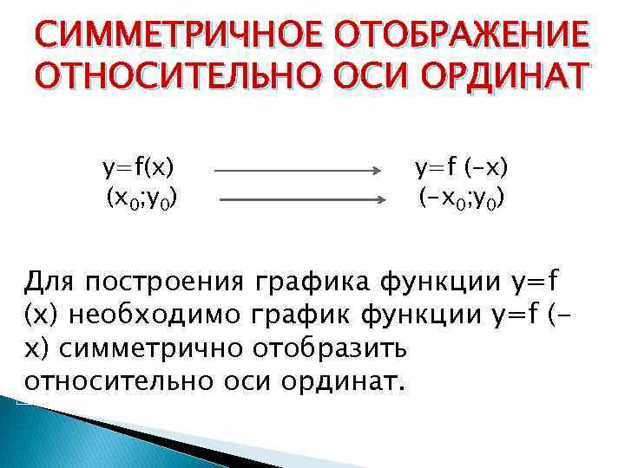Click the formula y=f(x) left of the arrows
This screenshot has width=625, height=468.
[x=138, y=166]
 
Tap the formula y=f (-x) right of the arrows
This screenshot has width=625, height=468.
[x=462, y=166]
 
